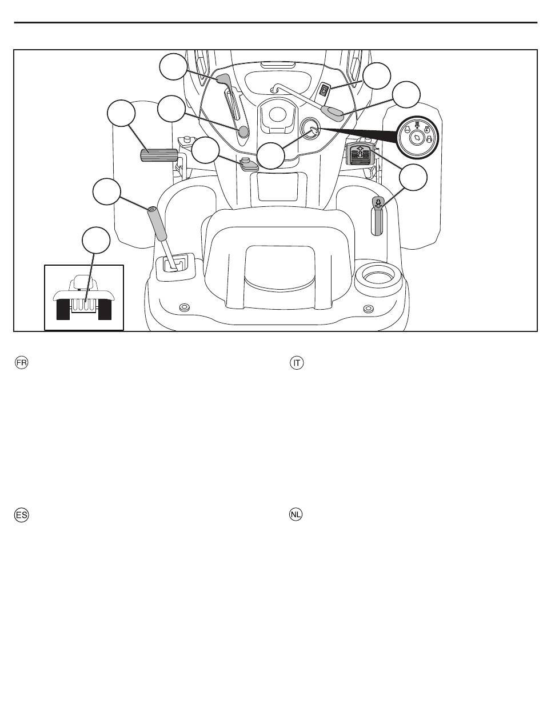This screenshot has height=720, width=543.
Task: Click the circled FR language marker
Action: [x=22, y=362]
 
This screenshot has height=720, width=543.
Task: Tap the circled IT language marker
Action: [x=297, y=362]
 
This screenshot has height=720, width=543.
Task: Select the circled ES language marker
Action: [x=22, y=515]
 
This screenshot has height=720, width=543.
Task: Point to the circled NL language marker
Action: [x=296, y=514]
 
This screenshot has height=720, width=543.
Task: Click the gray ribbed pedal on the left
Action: [x=159, y=155]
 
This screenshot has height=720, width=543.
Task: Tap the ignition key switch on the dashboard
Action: [x=309, y=127]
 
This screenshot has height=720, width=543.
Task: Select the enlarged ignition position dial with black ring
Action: [x=417, y=137]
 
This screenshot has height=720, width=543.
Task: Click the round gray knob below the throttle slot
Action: [x=243, y=131]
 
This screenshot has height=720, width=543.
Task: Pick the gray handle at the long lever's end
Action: [x=332, y=111]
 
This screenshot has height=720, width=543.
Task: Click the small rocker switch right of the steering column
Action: [x=324, y=90]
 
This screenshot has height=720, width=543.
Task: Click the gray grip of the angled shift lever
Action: [x=157, y=223]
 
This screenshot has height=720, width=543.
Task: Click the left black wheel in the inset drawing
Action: [x=63, y=309]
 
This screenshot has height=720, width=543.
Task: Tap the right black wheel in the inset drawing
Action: [x=105, y=309]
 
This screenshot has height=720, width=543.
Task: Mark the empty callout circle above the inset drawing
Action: [x=96, y=240]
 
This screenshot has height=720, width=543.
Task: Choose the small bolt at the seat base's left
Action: [x=185, y=307]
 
